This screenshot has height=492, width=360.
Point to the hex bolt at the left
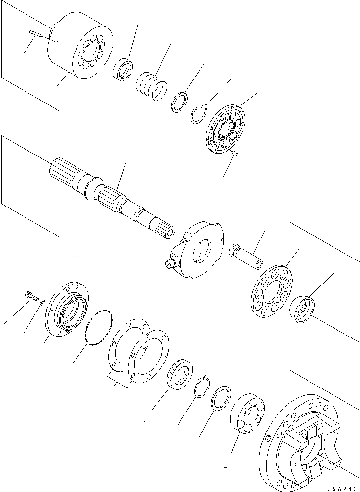coord(30,296)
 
